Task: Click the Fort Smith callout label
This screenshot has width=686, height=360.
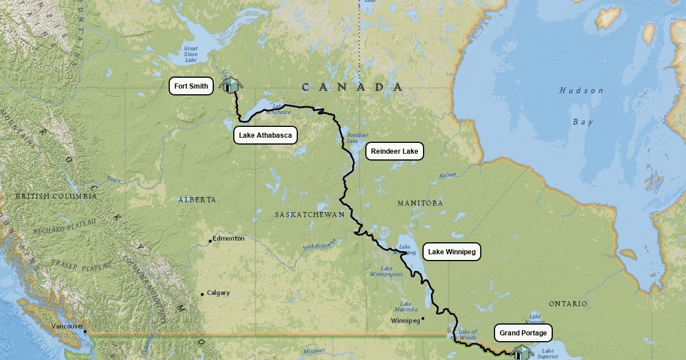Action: [x=192, y=86]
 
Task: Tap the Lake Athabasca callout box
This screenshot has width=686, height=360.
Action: [x=265, y=135]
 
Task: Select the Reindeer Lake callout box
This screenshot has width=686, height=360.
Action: [x=394, y=151]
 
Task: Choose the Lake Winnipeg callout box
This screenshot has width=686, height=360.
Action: [x=452, y=252]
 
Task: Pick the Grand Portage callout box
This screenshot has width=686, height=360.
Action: [x=523, y=333]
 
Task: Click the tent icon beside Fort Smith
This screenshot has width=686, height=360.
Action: [x=231, y=85]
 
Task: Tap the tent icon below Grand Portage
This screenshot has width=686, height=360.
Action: [x=521, y=352]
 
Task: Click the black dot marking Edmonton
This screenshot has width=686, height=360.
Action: [x=210, y=241]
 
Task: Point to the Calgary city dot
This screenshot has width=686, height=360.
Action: [x=202, y=295]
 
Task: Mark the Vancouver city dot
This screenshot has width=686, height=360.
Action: [x=85, y=331]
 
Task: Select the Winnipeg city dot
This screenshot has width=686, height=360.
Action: [x=423, y=318]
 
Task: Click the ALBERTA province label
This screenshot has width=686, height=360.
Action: [x=197, y=200]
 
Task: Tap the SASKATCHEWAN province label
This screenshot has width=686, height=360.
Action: [x=309, y=215]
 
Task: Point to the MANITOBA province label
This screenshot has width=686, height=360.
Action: [x=420, y=203]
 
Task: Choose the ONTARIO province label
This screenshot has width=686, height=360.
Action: [x=568, y=304]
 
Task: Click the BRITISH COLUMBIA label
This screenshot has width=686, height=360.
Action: [x=56, y=197]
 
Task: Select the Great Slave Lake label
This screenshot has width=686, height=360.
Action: [x=190, y=54]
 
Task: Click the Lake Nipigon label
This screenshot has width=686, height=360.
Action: [x=535, y=319]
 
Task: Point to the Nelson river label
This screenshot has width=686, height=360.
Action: [x=447, y=175]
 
